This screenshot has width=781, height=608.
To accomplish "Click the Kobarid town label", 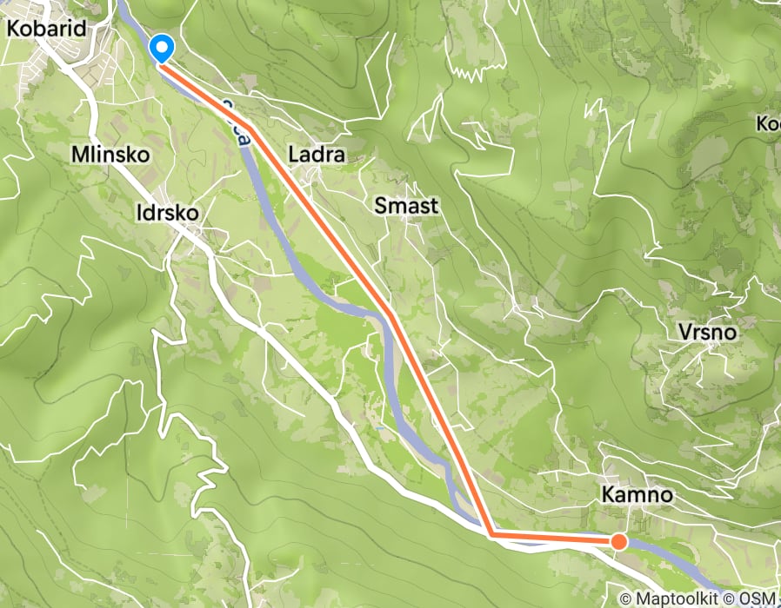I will coord(46,29).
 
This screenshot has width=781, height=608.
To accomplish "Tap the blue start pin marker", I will coord(162,47).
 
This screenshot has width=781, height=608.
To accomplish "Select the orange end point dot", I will coord(618,542).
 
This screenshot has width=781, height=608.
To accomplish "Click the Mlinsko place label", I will coord(112,155).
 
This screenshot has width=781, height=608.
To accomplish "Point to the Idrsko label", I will coord(168,212).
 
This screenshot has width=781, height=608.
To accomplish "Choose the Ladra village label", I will coord(317,155).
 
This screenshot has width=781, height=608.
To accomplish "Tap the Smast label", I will coord(406,206).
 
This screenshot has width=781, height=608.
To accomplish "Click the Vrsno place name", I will coord(706,333).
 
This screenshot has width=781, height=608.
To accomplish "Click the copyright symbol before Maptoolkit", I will coord(626,598).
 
